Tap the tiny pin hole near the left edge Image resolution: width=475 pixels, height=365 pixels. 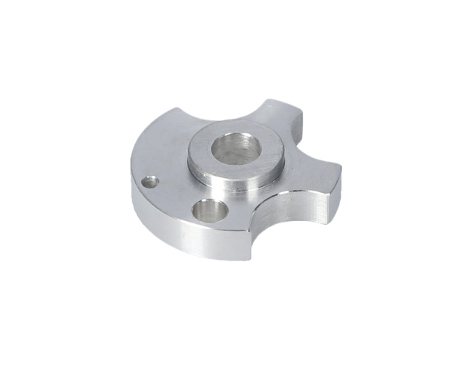pos(151,180)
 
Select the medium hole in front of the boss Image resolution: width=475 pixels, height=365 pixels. pos(208,211)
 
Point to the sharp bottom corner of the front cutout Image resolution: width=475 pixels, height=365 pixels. pos(252,260)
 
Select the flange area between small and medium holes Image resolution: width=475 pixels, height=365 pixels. pos(178,194)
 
